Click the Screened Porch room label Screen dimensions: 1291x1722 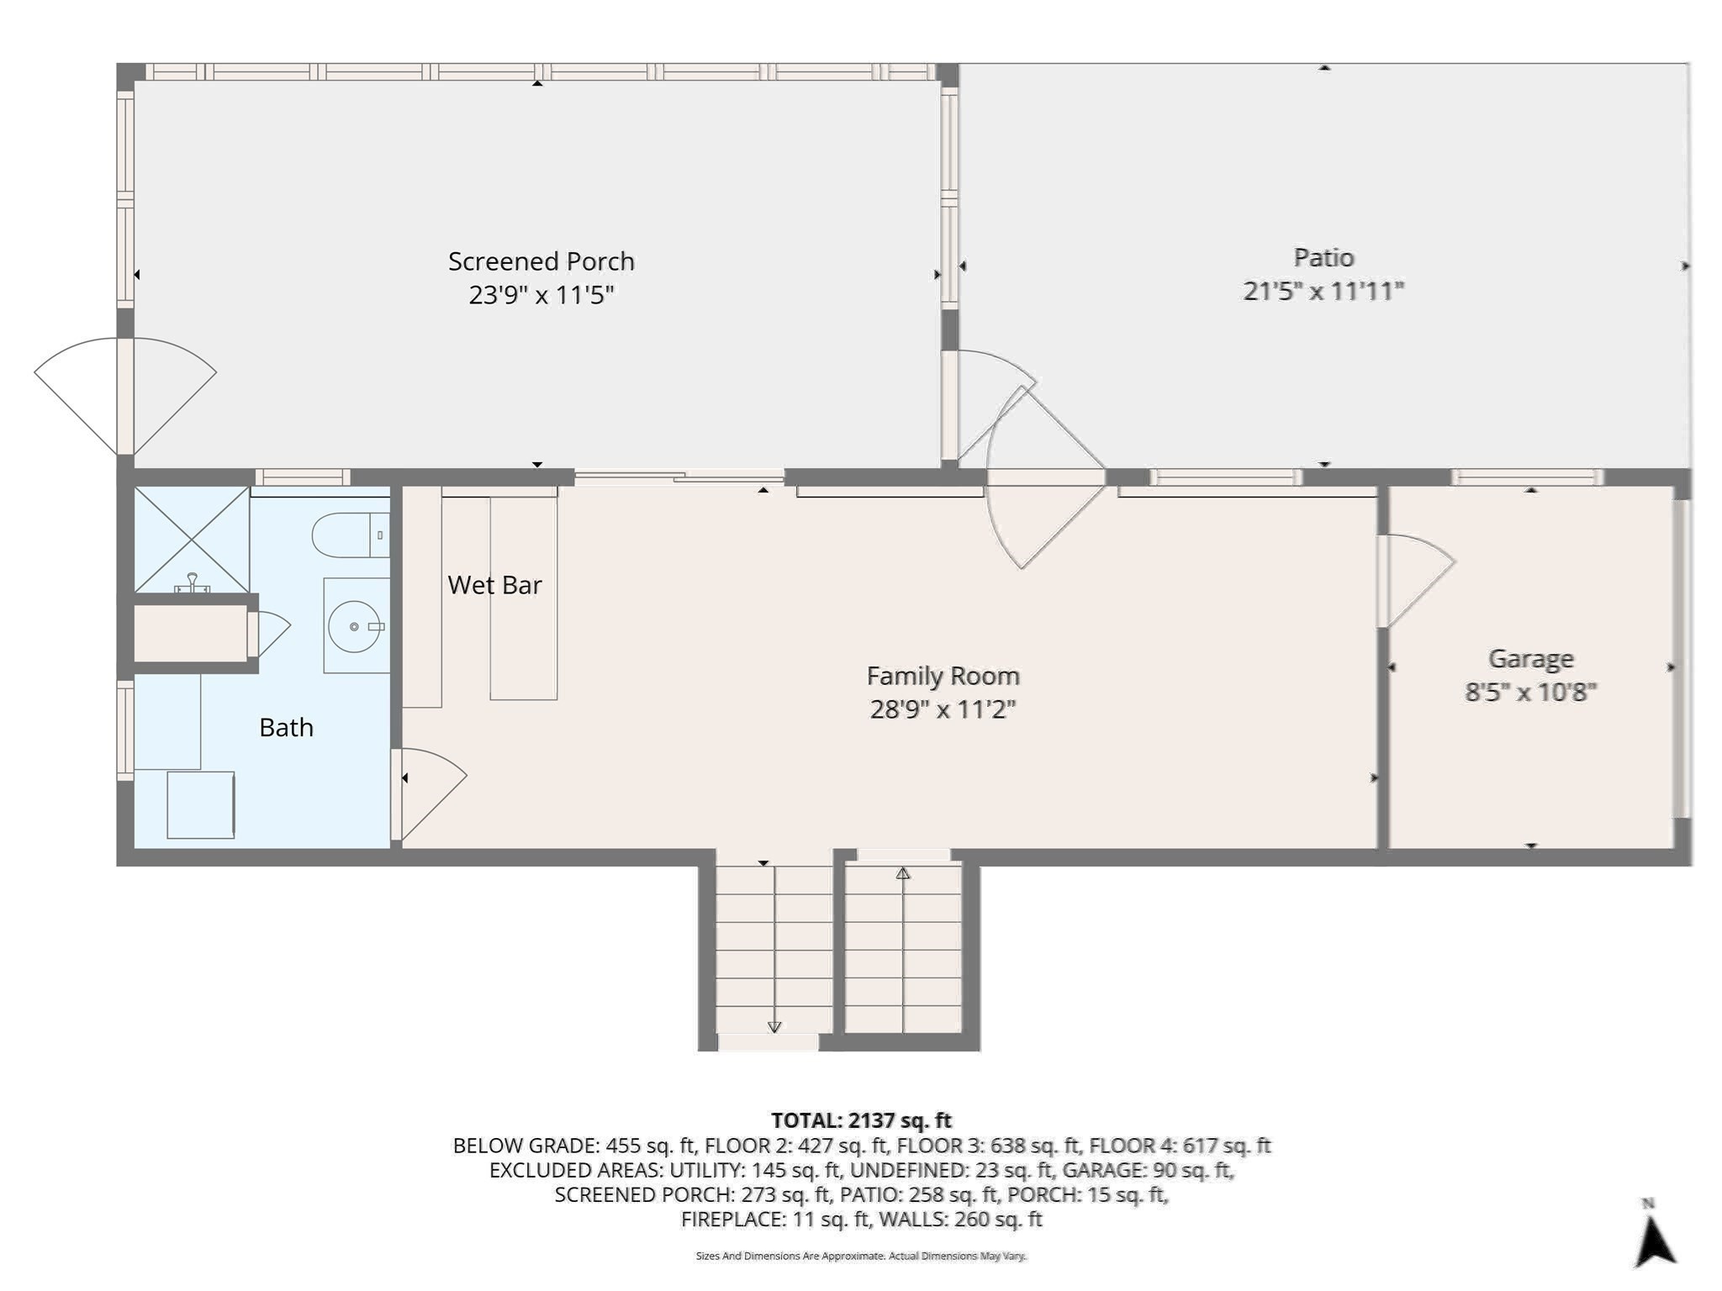coord(541,261)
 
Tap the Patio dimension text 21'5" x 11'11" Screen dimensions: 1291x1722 coord(1323,291)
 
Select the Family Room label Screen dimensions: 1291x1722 coord(943,676)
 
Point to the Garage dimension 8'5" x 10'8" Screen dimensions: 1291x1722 coord(1530,692)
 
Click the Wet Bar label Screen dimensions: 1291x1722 coord(494,585)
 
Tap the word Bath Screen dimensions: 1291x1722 coord(286,727)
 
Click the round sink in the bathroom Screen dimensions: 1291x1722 coord(354,626)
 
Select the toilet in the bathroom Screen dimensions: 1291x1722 coord(349,535)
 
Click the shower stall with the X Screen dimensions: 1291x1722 coord(192,539)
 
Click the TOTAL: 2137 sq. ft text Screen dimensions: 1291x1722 coord(861,1120)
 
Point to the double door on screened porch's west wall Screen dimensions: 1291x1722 coord(125,395)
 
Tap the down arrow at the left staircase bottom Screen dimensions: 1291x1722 coord(774,1027)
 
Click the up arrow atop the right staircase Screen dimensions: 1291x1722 coord(903,874)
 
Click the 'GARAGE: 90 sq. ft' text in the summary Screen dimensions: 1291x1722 coord(1147,1170)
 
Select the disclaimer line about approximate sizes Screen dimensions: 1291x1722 coord(861,1256)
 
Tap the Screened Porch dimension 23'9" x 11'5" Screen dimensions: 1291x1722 coord(541,295)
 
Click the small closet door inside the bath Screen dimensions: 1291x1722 coord(267,632)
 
